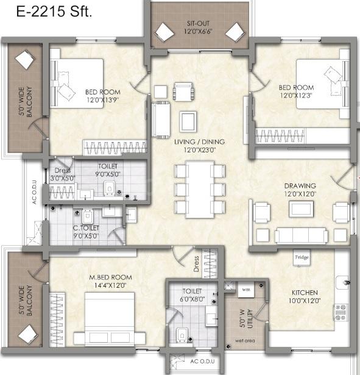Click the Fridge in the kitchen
[x=302, y=257]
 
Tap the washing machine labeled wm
[x=246, y=290]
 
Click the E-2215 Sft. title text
[x=54, y=11]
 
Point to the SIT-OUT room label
[x=198, y=23]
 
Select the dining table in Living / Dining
[x=200, y=190]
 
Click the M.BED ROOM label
[x=110, y=277]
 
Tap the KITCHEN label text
[x=305, y=293]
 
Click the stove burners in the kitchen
[x=341, y=312]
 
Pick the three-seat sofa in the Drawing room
[x=302, y=235]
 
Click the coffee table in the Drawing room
[x=301, y=209]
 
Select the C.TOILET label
[x=86, y=228]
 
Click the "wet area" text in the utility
[x=245, y=341]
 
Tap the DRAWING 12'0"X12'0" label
[x=300, y=190]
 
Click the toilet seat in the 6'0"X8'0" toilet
[x=182, y=334]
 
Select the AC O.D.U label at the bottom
[x=202, y=362]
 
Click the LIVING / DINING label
[x=199, y=142]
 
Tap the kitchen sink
[x=342, y=283]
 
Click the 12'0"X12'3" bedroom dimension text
[x=296, y=95]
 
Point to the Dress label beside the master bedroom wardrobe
[x=196, y=264]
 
